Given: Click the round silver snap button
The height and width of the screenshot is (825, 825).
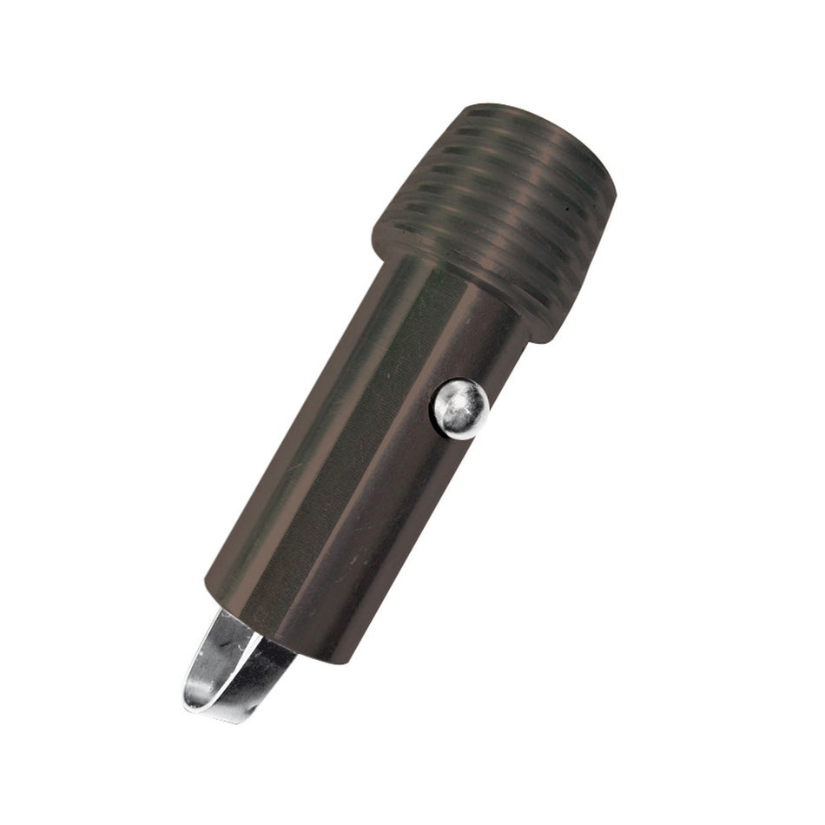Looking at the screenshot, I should point(460,408).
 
